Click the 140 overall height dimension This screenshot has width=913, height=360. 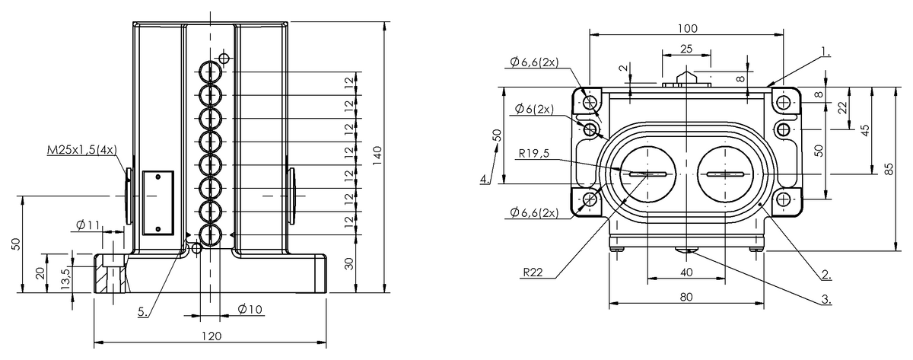pos(377,155)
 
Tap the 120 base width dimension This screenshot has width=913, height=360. pos(212,336)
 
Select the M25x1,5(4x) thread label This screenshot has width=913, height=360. pos(82,150)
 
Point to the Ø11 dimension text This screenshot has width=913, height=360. pos(87,225)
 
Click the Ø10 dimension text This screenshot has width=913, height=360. pos(250,310)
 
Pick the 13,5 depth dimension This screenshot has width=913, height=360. pos(66,279)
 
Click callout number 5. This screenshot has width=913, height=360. pos(143,312)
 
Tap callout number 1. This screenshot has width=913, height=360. pos(826,52)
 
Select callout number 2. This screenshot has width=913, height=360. pos(826,275)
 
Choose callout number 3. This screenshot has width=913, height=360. pos(826,299)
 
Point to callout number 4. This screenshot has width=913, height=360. pos(485,179)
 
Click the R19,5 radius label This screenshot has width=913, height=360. pos(534,153)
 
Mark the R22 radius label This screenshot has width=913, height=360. pos(533,272)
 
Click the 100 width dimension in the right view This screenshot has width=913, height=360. pos(688,28)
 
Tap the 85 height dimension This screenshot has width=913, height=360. pos(889,169)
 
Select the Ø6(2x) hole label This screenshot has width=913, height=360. pos(534,109)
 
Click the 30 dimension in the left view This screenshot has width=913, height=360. pos(349,264)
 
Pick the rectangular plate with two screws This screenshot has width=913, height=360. pos(158,202)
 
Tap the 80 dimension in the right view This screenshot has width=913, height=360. pos(686,297)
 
